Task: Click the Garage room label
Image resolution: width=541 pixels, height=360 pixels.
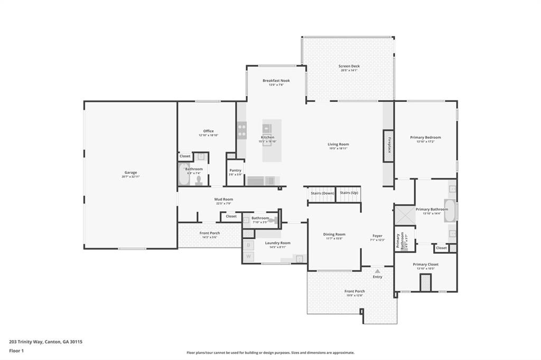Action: click(x=130, y=173)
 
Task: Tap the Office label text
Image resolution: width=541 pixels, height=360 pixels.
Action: click(x=208, y=131)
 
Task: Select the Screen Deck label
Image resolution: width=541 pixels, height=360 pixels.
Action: click(x=349, y=66)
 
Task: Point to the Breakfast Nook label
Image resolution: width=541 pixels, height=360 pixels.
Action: click(x=276, y=81)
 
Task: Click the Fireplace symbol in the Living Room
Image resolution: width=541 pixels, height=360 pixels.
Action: click(x=389, y=146)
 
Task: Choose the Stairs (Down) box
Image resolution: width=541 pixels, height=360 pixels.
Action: click(x=322, y=193)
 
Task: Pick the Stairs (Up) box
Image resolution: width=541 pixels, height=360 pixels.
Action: click(x=349, y=193)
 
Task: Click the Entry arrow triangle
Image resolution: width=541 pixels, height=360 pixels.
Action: click(x=377, y=271)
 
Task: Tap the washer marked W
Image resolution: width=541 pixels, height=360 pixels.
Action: click(x=248, y=257)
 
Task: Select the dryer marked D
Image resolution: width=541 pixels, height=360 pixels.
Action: click(x=248, y=245)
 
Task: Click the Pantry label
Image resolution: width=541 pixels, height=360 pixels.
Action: click(x=235, y=170)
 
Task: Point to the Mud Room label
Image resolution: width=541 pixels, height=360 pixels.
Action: click(x=223, y=200)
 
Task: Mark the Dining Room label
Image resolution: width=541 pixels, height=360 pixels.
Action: click(x=334, y=234)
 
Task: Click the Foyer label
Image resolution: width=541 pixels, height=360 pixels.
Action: click(x=377, y=236)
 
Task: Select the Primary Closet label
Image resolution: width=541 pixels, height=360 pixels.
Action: click(x=425, y=264)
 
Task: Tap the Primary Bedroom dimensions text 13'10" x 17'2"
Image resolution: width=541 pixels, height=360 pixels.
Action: click(x=425, y=141)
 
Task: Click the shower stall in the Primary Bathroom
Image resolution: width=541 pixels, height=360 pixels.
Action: click(x=405, y=215)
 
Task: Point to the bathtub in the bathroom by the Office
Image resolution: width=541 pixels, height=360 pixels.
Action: click(x=183, y=175)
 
